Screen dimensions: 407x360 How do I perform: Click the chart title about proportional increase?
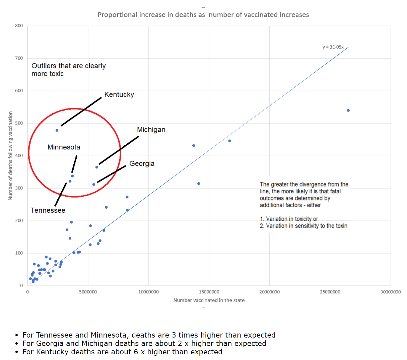coord(203,15)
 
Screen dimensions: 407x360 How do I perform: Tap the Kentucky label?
coord(119,94)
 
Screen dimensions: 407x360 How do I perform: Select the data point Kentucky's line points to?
coord(57,130)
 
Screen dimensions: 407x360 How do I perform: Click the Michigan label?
coord(151,130)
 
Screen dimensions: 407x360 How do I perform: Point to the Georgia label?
coord(142,163)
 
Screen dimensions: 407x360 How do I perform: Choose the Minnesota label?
coord(64,147)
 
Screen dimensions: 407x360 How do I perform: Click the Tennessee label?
coord(48,210)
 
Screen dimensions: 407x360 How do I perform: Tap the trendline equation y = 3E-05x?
coord(333,47)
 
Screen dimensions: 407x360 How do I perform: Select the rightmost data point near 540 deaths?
coord(348,111)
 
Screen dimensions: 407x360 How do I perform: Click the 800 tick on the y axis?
coord(19,26)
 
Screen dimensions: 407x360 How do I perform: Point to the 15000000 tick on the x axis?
coord(209,292)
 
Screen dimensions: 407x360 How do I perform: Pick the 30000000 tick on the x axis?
coord(391,292)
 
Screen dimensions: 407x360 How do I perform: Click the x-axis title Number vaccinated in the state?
coord(209,300)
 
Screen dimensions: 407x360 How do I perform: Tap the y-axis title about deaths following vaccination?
coord(10,156)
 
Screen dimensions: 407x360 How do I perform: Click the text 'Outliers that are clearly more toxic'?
coord(68,70)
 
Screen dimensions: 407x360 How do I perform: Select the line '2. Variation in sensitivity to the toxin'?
coord(303,226)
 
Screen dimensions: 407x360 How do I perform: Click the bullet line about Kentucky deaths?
coord(122,352)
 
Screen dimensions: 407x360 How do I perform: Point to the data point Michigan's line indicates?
coord(96,167)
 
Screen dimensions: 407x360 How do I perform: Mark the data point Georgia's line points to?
coord(93,185)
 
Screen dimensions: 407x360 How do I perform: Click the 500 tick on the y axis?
coord(19,123)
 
